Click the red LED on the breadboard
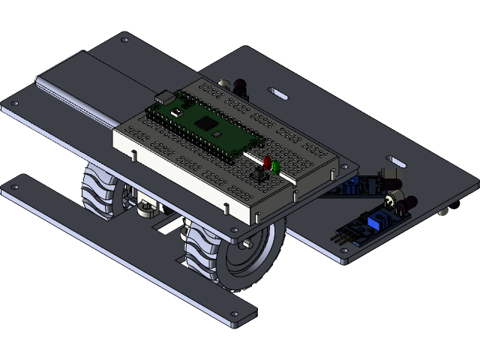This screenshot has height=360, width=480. (265, 162)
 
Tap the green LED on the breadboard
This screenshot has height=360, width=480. (275, 166)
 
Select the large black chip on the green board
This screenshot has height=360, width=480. (203, 121)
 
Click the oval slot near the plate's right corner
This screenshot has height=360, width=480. (394, 160)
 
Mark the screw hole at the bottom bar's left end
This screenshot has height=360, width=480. (16, 184)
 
